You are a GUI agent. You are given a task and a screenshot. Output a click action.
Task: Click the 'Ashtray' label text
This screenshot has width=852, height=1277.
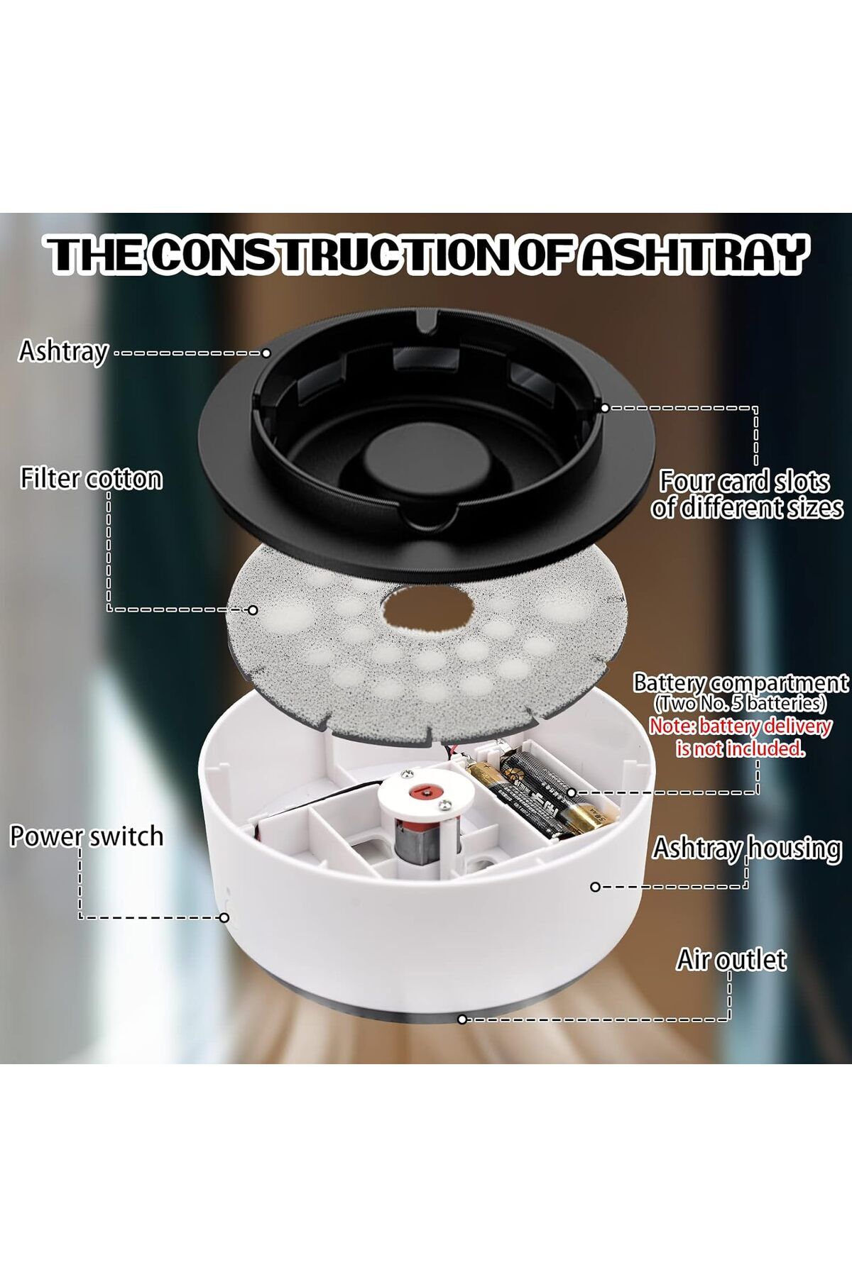[63, 351]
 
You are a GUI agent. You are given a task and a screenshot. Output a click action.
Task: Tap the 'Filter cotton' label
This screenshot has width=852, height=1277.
[91, 479]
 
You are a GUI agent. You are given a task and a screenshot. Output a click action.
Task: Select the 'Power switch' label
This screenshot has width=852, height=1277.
[87, 836]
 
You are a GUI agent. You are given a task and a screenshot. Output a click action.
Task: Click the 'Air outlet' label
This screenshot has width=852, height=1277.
[731, 960]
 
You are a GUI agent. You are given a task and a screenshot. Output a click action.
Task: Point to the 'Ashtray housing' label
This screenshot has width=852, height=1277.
[747, 848]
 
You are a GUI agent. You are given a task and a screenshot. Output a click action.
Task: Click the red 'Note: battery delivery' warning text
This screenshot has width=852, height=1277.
[740, 726]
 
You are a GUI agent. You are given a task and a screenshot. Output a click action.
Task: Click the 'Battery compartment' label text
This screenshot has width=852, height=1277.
[741, 683]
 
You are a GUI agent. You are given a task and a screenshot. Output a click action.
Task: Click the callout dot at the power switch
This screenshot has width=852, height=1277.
[224, 917]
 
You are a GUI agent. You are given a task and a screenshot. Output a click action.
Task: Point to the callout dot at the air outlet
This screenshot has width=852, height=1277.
[462, 1019]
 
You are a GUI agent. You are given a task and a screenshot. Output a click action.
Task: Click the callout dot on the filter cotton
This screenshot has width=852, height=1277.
[252, 609]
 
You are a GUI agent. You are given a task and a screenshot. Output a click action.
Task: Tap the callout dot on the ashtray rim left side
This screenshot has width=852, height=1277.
[266, 353]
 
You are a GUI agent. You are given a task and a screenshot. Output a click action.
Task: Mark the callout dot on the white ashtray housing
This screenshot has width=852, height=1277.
[595, 887]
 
